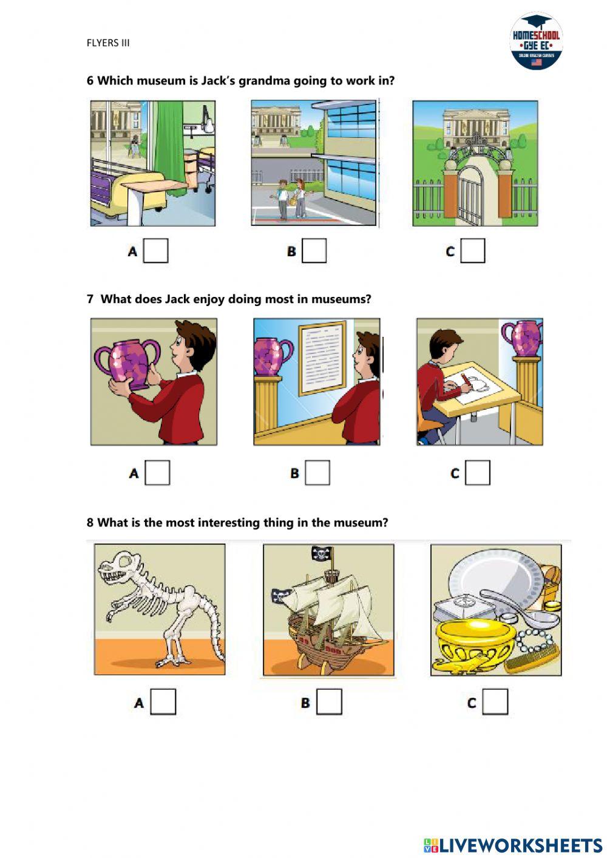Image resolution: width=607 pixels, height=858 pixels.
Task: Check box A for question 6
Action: tap(155, 251)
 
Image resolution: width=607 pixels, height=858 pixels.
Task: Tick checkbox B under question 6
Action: tap(314, 251)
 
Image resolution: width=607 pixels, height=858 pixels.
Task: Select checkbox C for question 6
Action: tap(473, 251)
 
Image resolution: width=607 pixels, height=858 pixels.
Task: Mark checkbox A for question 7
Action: tap(157, 473)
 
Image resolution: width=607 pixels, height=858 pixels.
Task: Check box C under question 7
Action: tap(478, 473)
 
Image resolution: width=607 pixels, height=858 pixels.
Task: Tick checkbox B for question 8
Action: tap(329, 703)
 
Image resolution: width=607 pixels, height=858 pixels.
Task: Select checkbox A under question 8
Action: tap(163, 703)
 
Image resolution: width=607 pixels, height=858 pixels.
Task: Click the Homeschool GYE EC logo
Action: tap(536, 41)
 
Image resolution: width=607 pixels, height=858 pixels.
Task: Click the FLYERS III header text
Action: tap(108, 43)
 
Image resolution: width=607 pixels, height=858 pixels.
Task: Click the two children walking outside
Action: tap(291, 199)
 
